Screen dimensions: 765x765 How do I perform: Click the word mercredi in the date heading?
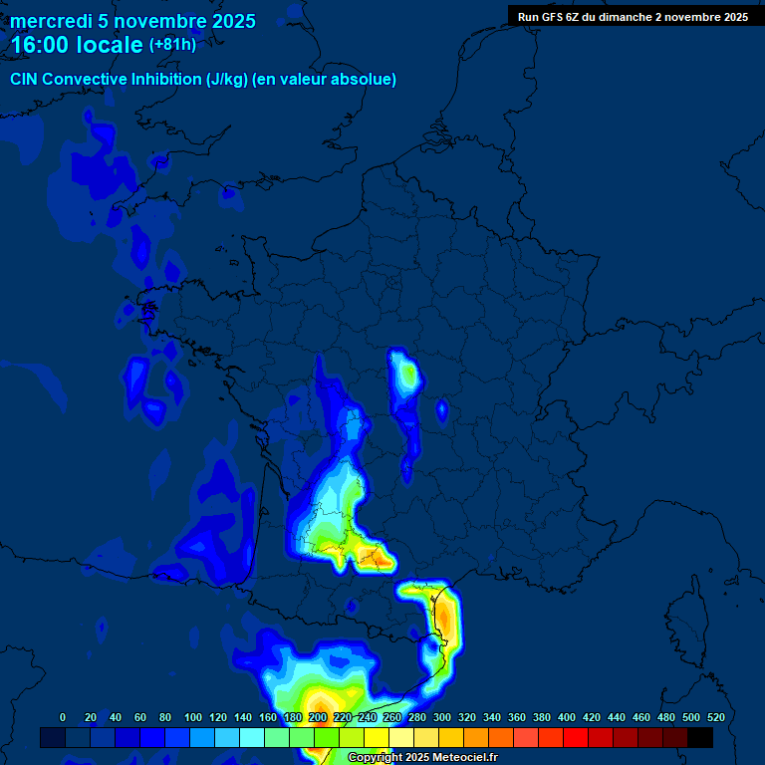(x=51, y=21)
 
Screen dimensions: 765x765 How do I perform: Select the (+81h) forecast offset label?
(x=172, y=45)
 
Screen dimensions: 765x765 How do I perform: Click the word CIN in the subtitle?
(x=25, y=80)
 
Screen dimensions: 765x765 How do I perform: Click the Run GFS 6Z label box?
(x=633, y=17)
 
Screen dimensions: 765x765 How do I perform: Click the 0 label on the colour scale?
(x=63, y=717)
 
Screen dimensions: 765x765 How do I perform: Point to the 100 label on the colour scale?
(x=193, y=717)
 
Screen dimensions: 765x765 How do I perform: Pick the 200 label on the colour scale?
(x=318, y=717)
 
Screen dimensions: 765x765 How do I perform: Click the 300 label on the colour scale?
(x=442, y=717)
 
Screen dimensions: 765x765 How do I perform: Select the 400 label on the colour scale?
(x=567, y=717)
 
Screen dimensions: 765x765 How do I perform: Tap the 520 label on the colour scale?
(x=715, y=717)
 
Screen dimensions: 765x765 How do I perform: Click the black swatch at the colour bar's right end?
(x=700, y=737)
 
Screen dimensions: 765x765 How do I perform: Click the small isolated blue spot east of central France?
(x=441, y=408)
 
